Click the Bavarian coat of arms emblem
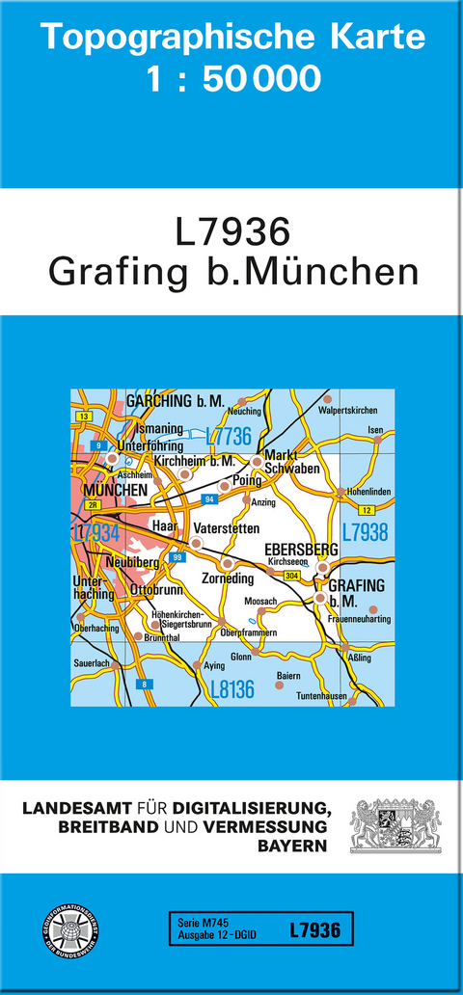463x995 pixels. coord(395,824)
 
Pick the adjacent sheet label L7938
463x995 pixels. coord(365,531)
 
